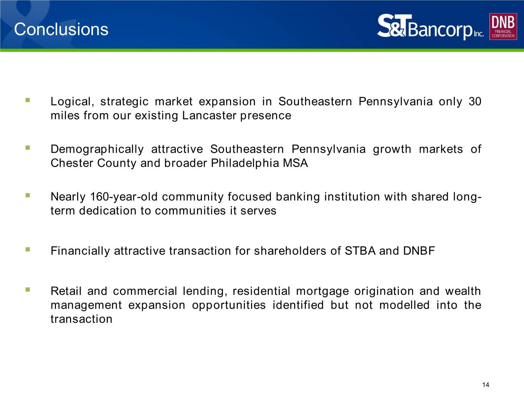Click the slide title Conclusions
(61, 30)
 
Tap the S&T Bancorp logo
(430, 27)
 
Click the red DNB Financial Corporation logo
(503, 26)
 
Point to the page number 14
(486, 385)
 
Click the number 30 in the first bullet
(475, 102)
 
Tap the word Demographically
(97, 149)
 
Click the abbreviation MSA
(295, 163)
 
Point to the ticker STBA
(360, 251)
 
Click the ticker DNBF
(419, 251)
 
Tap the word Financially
(80, 251)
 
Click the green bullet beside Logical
(28, 101)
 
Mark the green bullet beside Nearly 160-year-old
(28, 196)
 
